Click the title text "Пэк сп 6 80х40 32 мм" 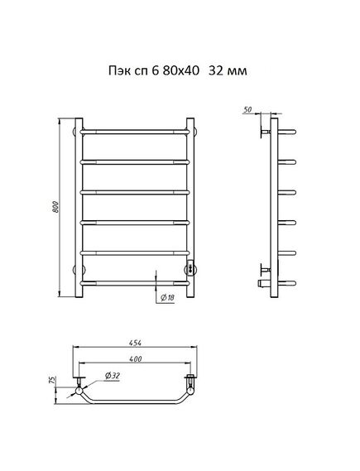(178, 71)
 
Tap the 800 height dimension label (55, 207)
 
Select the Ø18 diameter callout (167, 298)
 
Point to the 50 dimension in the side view (247, 109)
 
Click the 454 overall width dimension (135, 343)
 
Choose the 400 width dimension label (136, 358)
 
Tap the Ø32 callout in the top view (113, 376)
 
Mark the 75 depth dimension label (52, 380)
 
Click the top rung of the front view (135, 132)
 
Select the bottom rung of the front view (135, 283)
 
